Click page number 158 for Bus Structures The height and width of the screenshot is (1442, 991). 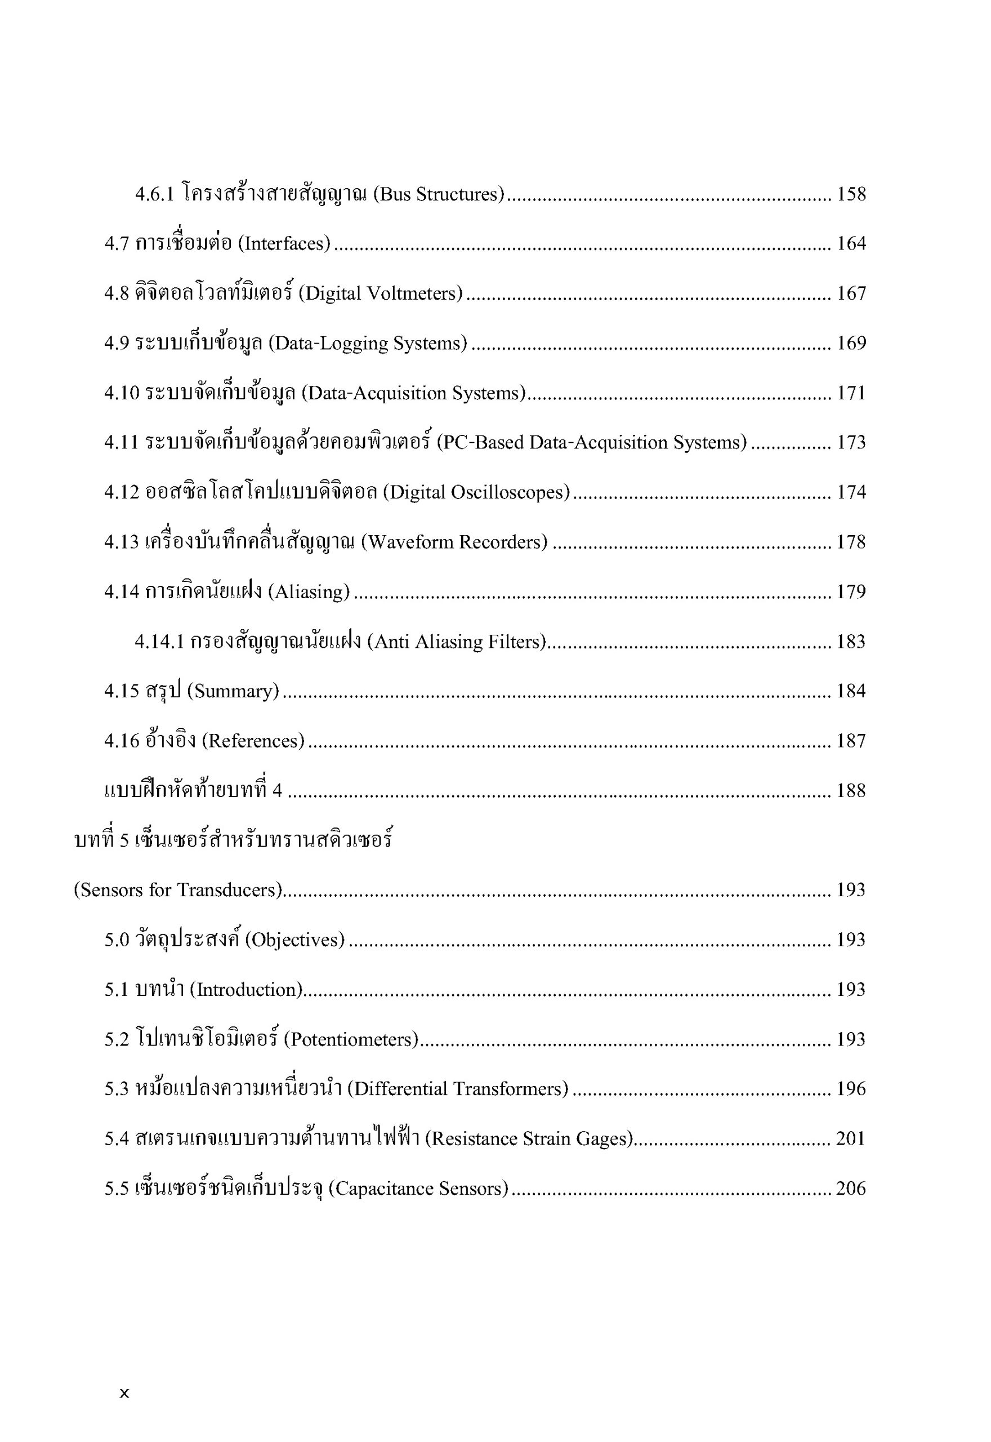pyautogui.click(x=851, y=194)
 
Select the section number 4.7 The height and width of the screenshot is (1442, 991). pyautogui.click(x=116, y=244)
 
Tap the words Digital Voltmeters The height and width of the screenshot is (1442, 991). pyautogui.click(x=381, y=293)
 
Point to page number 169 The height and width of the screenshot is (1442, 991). pyautogui.click(x=851, y=344)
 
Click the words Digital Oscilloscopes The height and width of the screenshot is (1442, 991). pyautogui.click(x=476, y=492)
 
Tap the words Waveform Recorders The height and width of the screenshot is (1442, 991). pyautogui.click(x=454, y=542)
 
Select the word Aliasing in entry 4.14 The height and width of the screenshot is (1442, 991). pyautogui.click(x=309, y=592)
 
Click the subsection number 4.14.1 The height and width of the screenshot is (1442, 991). pyautogui.click(x=159, y=642)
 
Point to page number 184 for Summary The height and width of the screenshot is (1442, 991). pyautogui.click(x=851, y=691)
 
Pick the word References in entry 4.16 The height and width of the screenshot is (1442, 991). pyautogui.click(x=253, y=741)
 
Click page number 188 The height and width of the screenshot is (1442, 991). pyautogui.click(x=851, y=790)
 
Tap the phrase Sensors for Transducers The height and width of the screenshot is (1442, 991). pyautogui.click(x=178, y=891)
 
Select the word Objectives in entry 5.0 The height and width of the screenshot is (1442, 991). pyautogui.click(x=295, y=940)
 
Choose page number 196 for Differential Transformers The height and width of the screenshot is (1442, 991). pyautogui.click(x=851, y=1089)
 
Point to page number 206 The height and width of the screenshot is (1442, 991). pyautogui.click(x=851, y=1189)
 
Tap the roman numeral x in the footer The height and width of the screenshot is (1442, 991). pyautogui.click(x=124, y=1394)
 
